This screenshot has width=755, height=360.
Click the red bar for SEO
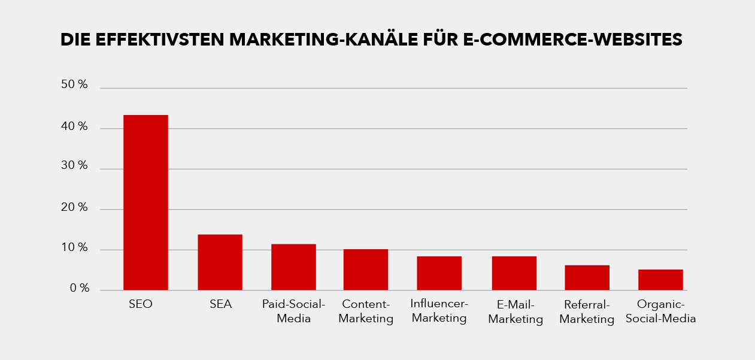click(x=145, y=202)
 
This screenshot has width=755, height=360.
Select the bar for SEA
click(x=220, y=262)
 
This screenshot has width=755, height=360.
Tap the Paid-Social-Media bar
click(x=293, y=267)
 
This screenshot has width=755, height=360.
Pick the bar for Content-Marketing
click(x=366, y=270)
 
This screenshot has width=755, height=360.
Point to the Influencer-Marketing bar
click(x=439, y=273)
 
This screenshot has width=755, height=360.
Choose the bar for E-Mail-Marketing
click(x=514, y=273)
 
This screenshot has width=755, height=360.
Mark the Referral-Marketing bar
click(x=587, y=278)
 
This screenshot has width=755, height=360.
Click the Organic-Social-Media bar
click(x=660, y=280)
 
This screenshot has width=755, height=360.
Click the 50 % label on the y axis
click(x=74, y=85)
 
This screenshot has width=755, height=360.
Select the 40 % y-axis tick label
click(x=74, y=127)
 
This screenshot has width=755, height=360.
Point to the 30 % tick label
click(x=74, y=166)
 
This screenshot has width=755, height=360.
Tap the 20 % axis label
click(x=74, y=208)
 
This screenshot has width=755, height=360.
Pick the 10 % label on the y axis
click(x=74, y=248)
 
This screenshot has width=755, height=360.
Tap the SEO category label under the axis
click(x=141, y=304)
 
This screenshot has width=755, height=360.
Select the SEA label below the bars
click(x=220, y=304)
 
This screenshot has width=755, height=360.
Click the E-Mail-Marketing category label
click(x=516, y=311)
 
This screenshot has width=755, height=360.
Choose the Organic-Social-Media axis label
click(x=661, y=311)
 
